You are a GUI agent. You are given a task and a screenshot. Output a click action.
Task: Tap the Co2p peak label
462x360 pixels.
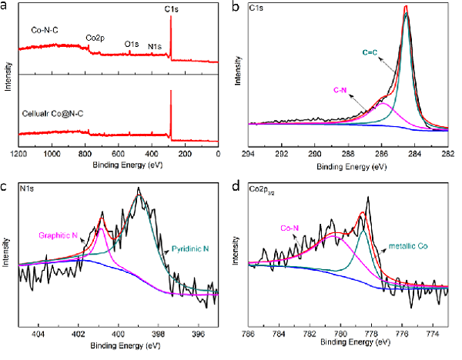coord(96,37)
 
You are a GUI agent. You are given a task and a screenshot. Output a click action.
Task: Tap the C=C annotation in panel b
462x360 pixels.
coord(371,52)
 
